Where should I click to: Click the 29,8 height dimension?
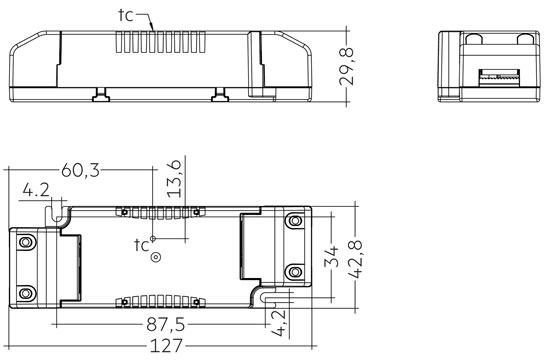(x=346, y=67)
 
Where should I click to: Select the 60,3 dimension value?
(x=80, y=170)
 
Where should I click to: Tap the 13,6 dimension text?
(x=174, y=179)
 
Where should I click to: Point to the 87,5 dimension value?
(x=166, y=325)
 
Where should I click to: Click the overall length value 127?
(x=166, y=345)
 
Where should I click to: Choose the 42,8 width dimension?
(x=355, y=259)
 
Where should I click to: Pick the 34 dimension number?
(x=331, y=257)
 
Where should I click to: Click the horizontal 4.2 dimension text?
(x=36, y=190)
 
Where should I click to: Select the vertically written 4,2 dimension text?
(x=278, y=323)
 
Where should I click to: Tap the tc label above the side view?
(x=126, y=15)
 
